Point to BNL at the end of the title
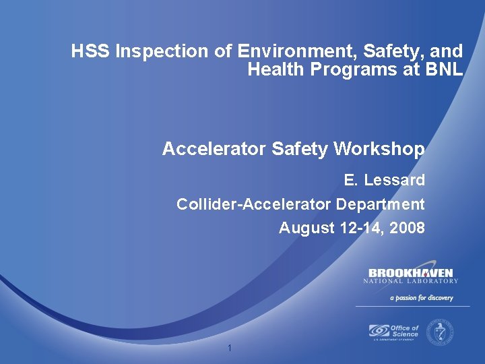tap(445, 69)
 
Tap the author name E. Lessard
tap(384, 181)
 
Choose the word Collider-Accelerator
tap(254, 204)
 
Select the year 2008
tap(407, 228)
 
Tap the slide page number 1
tap(230, 348)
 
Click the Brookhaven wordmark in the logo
tap(410, 272)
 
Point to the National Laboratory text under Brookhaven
tap(410, 281)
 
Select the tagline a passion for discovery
tap(422, 297)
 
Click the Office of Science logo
tap(393, 332)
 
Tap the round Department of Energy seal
tap(441, 331)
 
